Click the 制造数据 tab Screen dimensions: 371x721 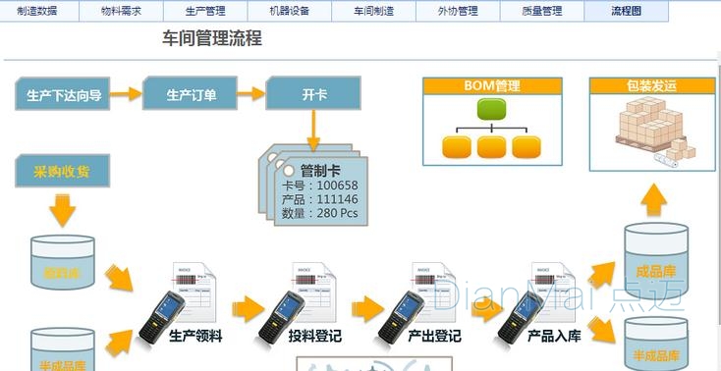pos(37,11)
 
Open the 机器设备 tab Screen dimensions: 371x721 pos(289,11)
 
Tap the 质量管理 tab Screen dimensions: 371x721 pos(540,11)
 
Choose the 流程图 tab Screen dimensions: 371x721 pos(626,11)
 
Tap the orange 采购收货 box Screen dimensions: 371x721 pos(62,174)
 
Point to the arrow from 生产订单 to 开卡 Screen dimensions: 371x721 pos(251,95)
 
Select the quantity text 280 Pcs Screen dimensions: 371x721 pos(339,212)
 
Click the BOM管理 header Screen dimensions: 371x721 pos(492,86)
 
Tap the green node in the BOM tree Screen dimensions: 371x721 pos(492,110)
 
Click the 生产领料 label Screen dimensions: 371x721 pos(195,337)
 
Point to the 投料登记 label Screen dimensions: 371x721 pos(315,337)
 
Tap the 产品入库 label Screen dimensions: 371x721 pos(554,337)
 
